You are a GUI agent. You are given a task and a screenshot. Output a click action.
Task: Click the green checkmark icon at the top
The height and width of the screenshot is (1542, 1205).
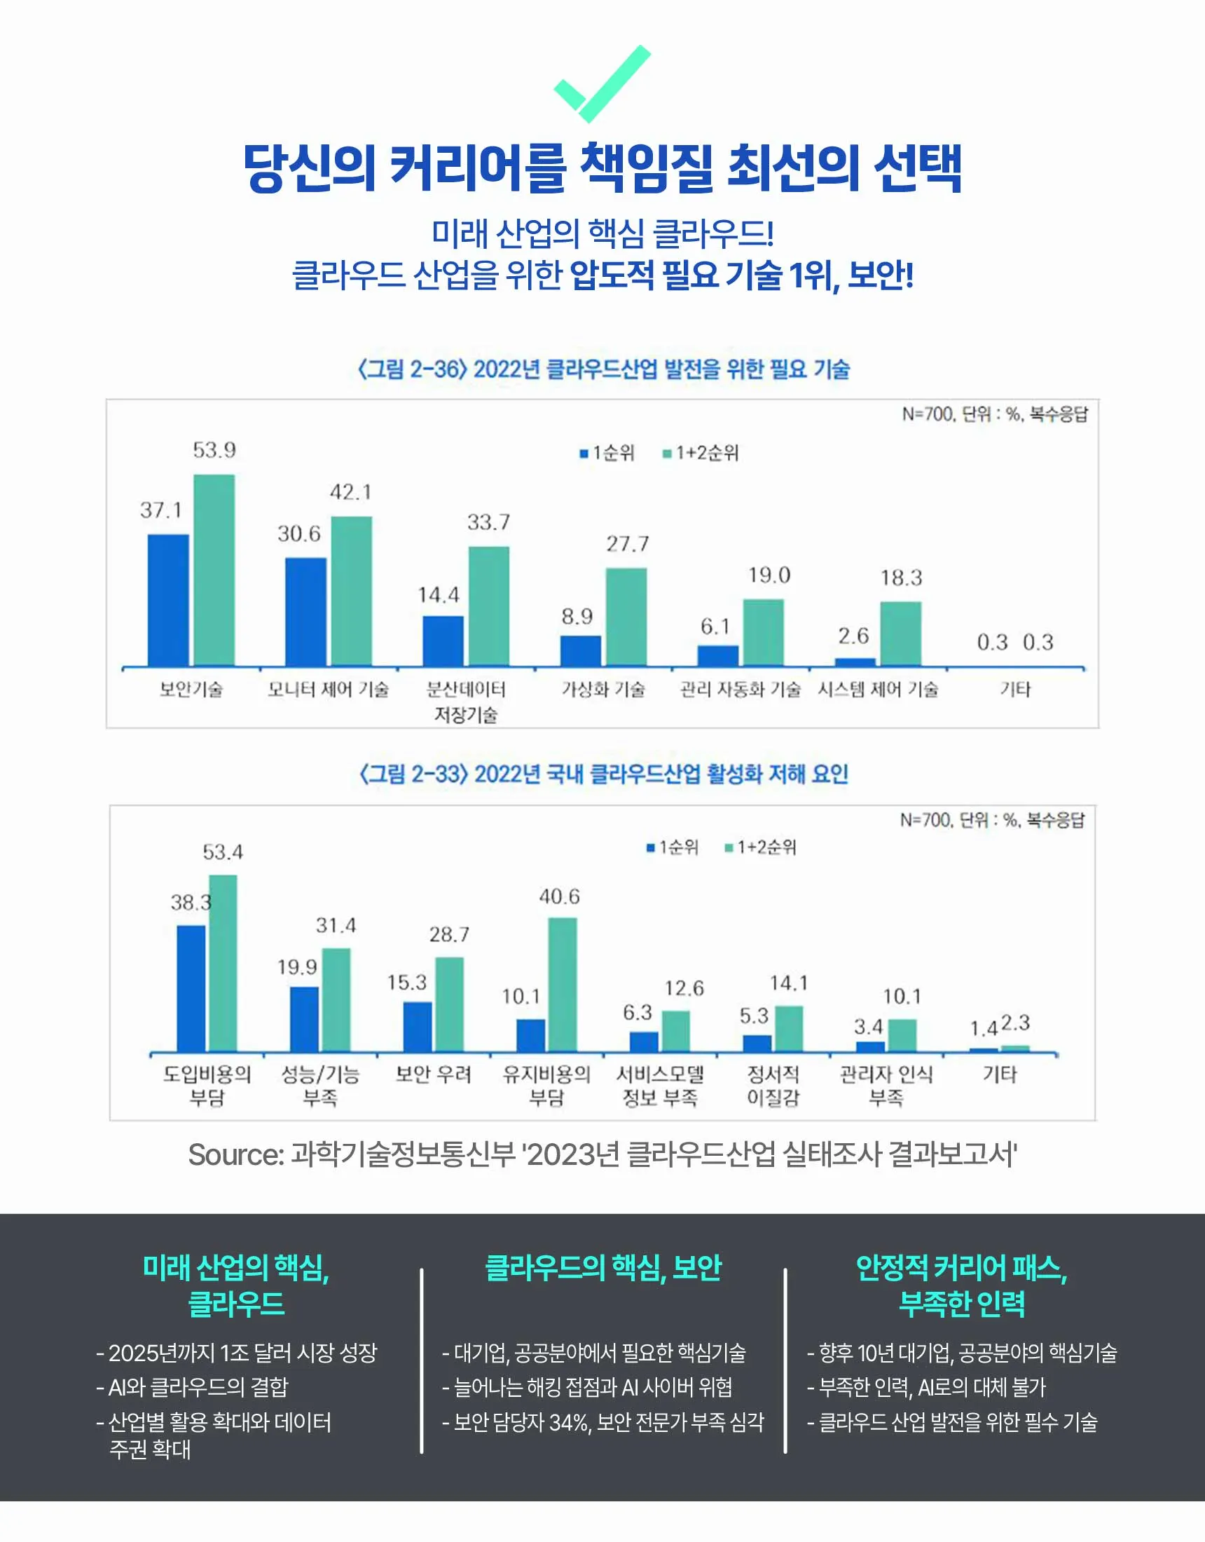coord(602,83)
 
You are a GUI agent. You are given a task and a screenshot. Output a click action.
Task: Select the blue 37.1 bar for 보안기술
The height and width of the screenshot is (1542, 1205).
coord(168,600)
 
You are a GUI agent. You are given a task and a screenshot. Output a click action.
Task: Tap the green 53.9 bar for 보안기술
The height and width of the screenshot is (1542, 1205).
coord(214,571)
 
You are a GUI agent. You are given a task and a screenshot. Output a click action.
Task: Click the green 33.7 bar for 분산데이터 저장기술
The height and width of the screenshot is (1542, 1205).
coord(488,606)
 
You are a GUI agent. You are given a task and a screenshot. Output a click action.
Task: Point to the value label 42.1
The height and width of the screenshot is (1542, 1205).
coord(351,492)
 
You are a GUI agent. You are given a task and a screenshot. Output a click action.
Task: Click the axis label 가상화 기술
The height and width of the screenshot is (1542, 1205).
coord(603,689)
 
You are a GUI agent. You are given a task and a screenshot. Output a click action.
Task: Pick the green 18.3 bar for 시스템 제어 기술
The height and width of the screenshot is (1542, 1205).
coord(900,634)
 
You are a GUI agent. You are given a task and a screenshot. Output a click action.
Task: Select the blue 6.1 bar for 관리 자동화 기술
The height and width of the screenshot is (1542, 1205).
coord(718,655)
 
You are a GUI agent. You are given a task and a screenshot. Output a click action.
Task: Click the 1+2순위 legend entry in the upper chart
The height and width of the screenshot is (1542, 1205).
coord(701,453)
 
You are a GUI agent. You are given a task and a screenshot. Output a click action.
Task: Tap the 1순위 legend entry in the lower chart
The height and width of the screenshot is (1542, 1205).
coord(672,847)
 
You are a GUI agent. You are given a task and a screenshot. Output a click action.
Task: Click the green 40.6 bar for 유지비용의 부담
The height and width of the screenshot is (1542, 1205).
coord(562,984)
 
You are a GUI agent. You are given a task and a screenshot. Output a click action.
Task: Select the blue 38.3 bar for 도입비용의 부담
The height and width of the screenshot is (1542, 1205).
coord(191,988)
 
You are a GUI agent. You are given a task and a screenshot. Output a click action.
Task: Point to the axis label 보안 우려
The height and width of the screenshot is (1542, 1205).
coord(433,1074)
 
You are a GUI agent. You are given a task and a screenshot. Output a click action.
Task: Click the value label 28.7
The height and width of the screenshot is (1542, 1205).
coord(449,935)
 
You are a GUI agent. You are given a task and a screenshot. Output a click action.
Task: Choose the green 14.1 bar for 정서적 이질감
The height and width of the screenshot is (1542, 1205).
coord(789,1029)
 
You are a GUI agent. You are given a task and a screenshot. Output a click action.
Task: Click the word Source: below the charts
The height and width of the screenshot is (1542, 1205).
coord(236,1155)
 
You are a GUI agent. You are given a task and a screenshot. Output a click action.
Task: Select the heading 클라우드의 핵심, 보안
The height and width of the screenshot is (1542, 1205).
coord(604,1268)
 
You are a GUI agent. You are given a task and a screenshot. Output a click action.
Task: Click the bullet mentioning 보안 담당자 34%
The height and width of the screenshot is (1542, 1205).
coord(603,1422)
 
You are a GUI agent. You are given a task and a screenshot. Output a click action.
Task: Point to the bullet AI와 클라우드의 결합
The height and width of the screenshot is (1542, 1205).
coord(193,1387)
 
